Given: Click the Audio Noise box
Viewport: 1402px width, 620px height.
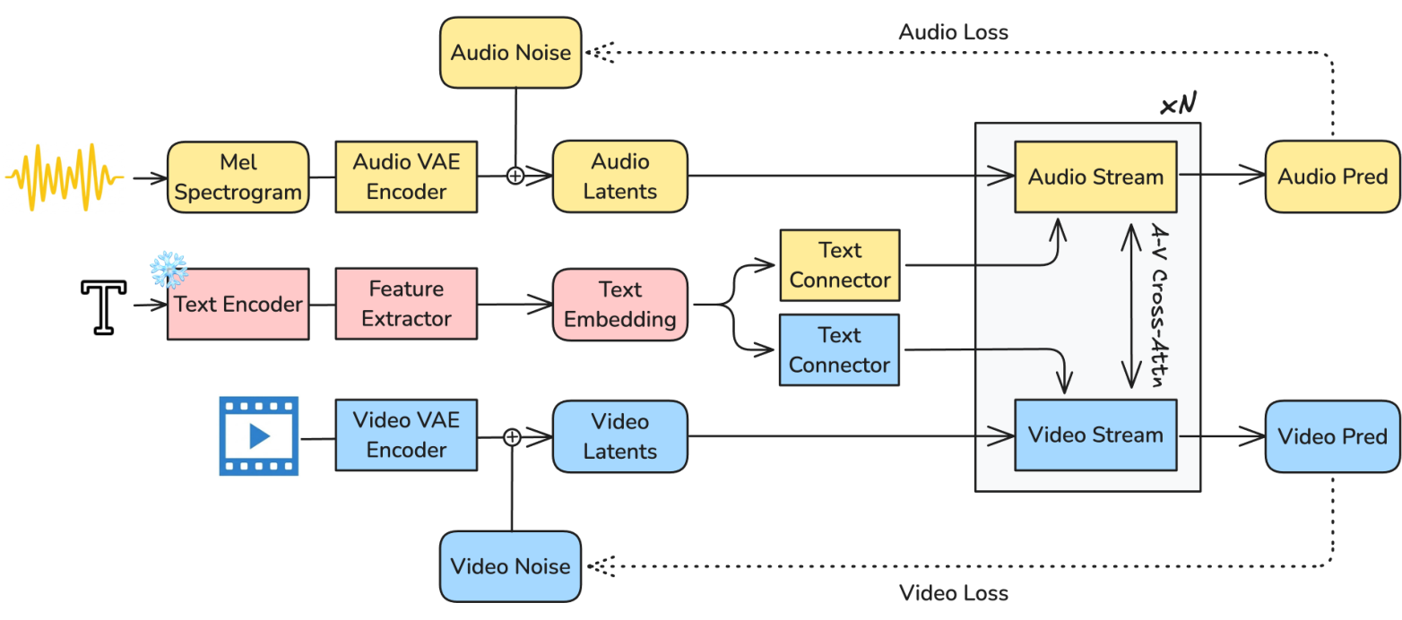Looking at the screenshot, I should click(x=510, y=53).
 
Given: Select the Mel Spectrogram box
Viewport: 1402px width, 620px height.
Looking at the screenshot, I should click(x=238, y=177).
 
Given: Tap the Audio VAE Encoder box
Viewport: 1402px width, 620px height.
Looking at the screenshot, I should click(x=406, y=177).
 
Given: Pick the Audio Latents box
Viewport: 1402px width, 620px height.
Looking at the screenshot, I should click(x=619, y=177).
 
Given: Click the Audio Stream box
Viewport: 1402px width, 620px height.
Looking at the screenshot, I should click(x=1095, y=177).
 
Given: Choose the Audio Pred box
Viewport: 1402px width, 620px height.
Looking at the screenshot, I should click(x=1332, y=177).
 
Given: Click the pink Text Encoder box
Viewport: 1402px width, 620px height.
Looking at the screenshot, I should click(x=238, y=304).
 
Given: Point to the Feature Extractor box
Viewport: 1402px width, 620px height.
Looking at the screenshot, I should click(x=406, y=304).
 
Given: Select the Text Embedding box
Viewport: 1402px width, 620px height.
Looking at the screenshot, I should click(x=619, y=304).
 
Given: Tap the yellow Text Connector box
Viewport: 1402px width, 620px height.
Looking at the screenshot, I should click(x=839, y=265).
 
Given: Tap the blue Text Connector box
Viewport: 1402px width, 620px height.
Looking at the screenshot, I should click(x=839, y=350).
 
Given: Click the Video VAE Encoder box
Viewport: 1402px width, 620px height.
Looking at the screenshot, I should click(x=406, y=435).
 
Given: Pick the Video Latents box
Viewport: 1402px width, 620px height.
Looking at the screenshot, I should click(x=619, y=436).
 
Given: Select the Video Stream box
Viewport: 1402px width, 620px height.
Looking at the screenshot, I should click(x=1095, y=435).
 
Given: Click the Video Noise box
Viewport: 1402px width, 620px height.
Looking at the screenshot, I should click(x=510, y=565).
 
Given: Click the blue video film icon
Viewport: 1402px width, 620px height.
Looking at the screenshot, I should click(x=259, y=435).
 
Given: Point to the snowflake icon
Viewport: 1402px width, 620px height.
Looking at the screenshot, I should click(x=168, y=268).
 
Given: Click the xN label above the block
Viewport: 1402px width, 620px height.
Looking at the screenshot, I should click(x=1178, y=106).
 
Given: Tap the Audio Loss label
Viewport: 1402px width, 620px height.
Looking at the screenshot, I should click(x=953, y=32).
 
